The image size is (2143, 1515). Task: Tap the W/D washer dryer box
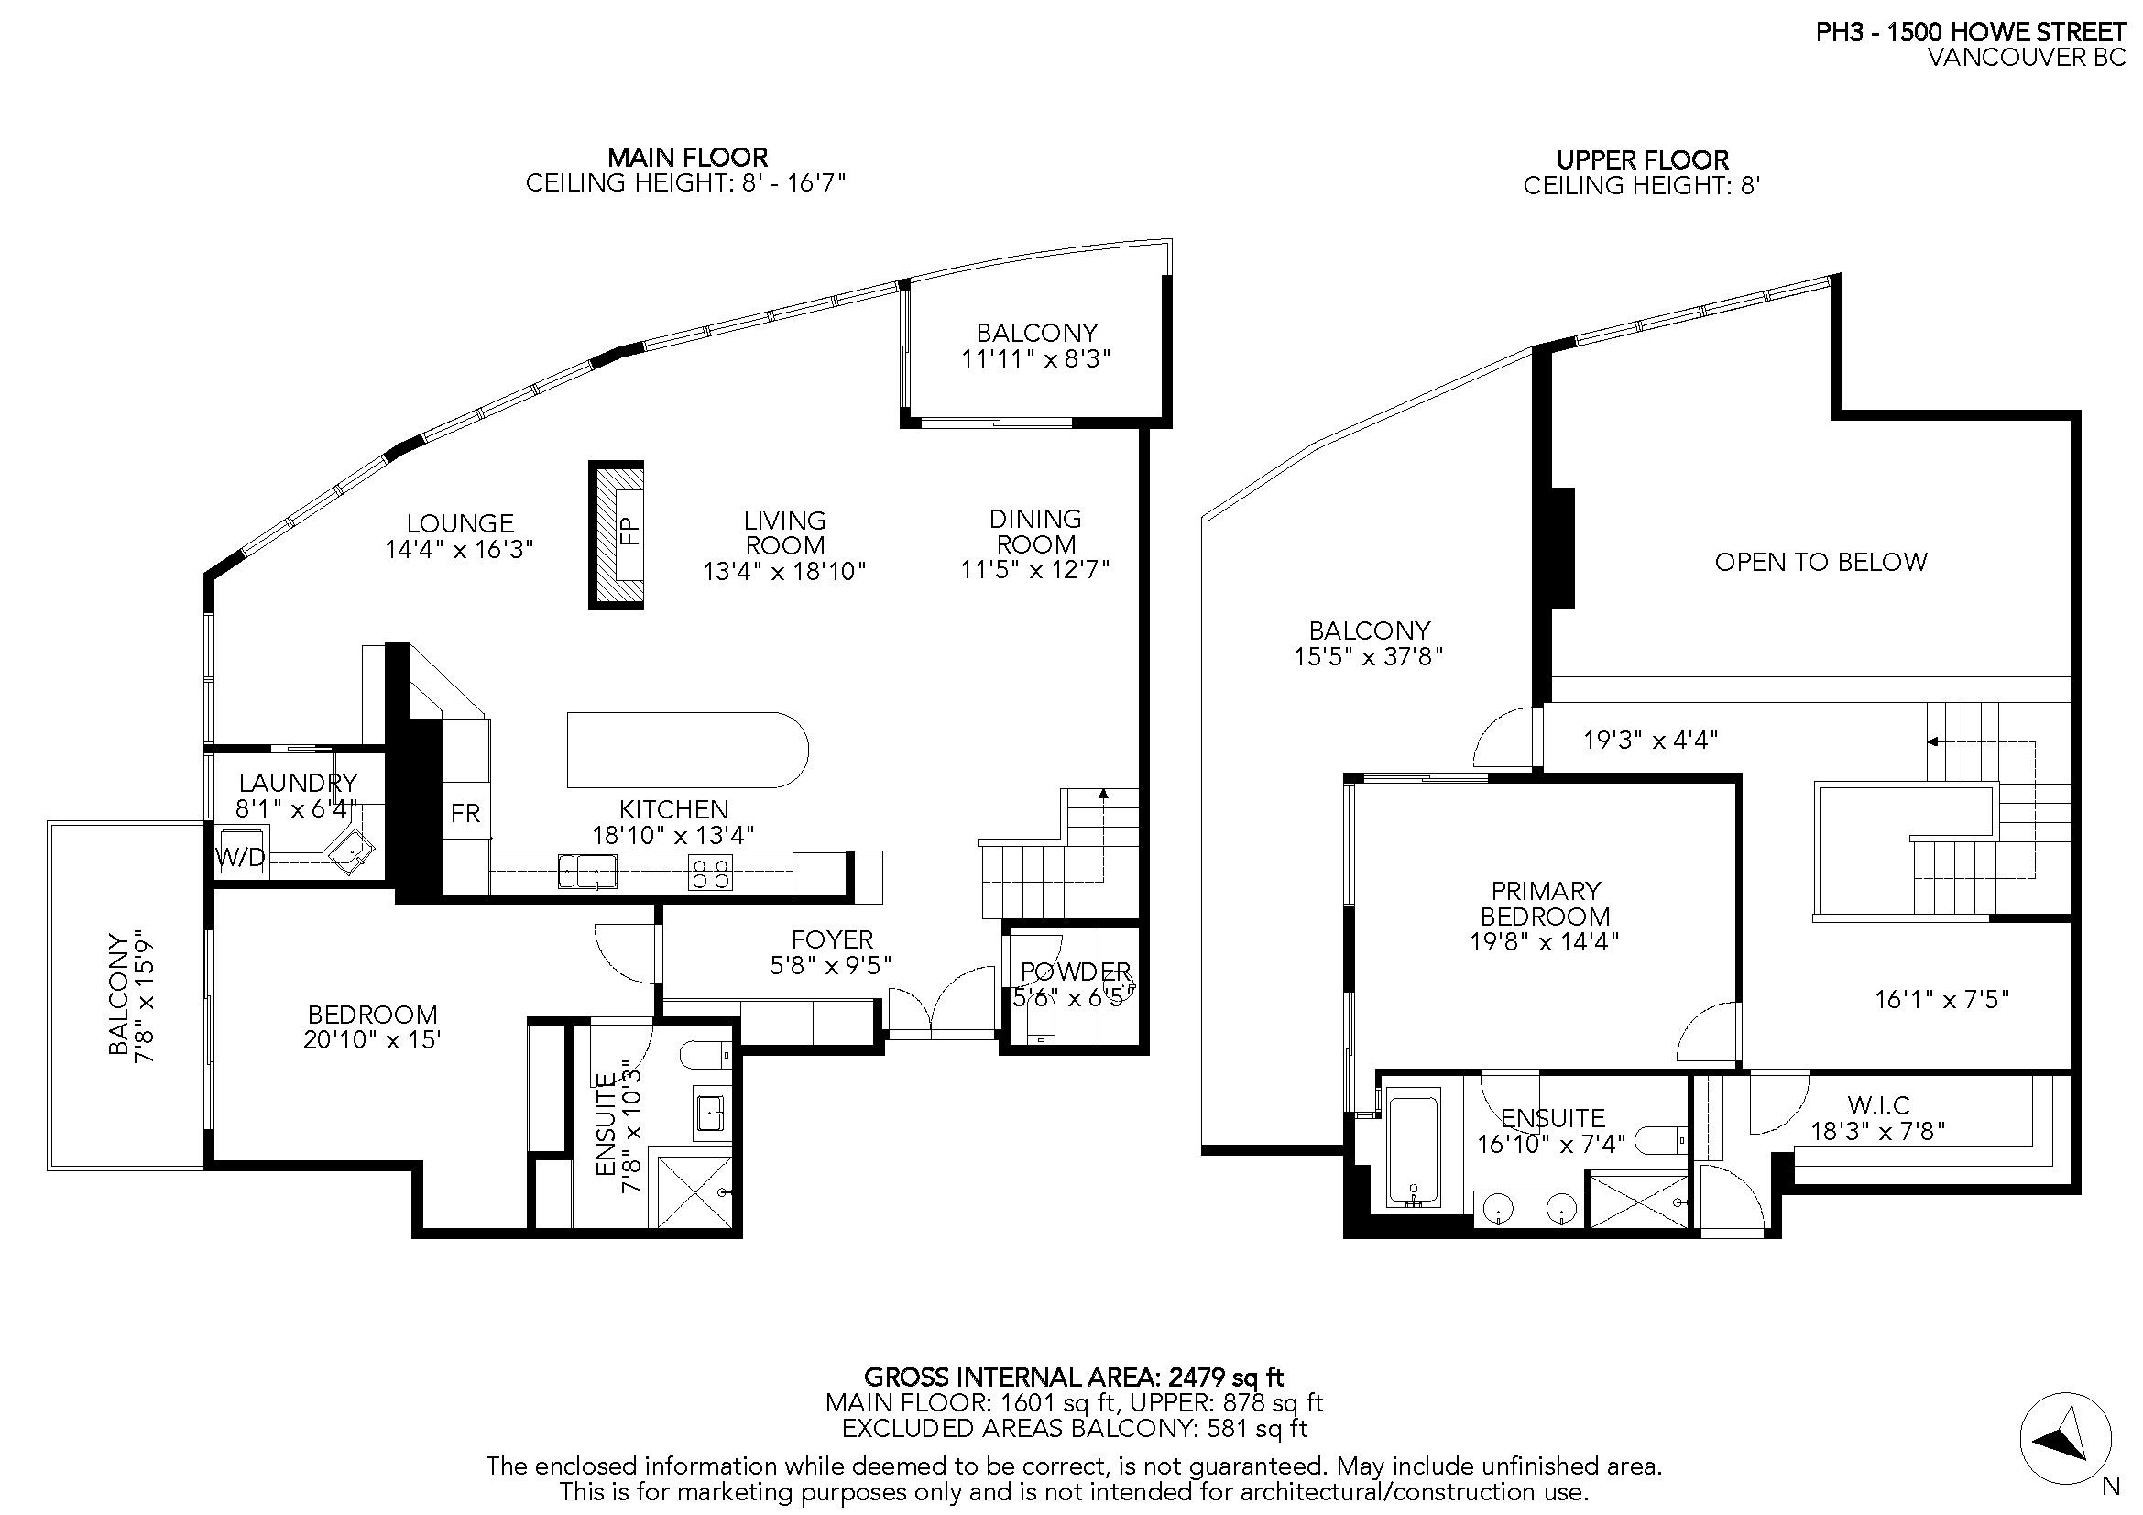[241, 858]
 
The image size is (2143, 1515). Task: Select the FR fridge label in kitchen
[465, 813]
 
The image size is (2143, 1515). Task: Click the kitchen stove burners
[710, 873]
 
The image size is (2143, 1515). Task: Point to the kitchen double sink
[587, 871]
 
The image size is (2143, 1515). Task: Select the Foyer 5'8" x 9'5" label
[832, 952]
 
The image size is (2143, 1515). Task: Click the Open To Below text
[1820, 562]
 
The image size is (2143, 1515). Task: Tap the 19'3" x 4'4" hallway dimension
[1650, 741]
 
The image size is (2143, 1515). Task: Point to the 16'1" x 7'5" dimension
[1941, 1000]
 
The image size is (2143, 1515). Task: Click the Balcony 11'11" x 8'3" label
[1036, 346]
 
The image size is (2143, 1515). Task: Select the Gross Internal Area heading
[1074, 1377]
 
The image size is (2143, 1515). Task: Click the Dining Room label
[1035, 532]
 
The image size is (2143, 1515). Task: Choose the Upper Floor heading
[1643, 159]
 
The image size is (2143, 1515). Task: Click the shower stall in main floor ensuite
[695, 1192]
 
